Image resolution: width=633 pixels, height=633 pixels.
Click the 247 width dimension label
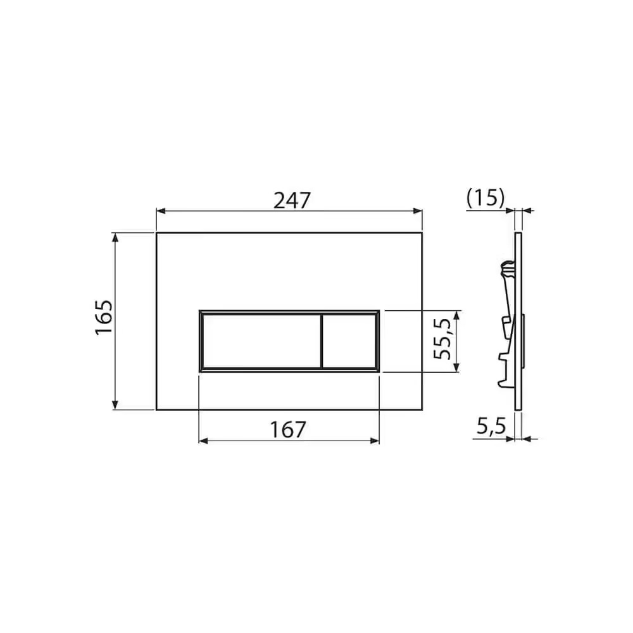point(292,201)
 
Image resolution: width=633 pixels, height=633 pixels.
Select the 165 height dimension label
point(104,317)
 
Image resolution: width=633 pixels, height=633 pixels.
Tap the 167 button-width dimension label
point(288,430)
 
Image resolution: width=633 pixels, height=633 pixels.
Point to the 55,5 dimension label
point(442,339)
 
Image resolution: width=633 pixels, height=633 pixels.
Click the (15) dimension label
point(486,198)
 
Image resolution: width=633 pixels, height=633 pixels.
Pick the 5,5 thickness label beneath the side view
point(491,426)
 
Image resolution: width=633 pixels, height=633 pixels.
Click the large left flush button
point(261,341)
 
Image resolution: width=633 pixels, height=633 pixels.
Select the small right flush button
point(349,341)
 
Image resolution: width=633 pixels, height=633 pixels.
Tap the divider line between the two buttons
point(322,341)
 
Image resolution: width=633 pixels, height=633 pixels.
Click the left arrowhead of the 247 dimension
point(161,211)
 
